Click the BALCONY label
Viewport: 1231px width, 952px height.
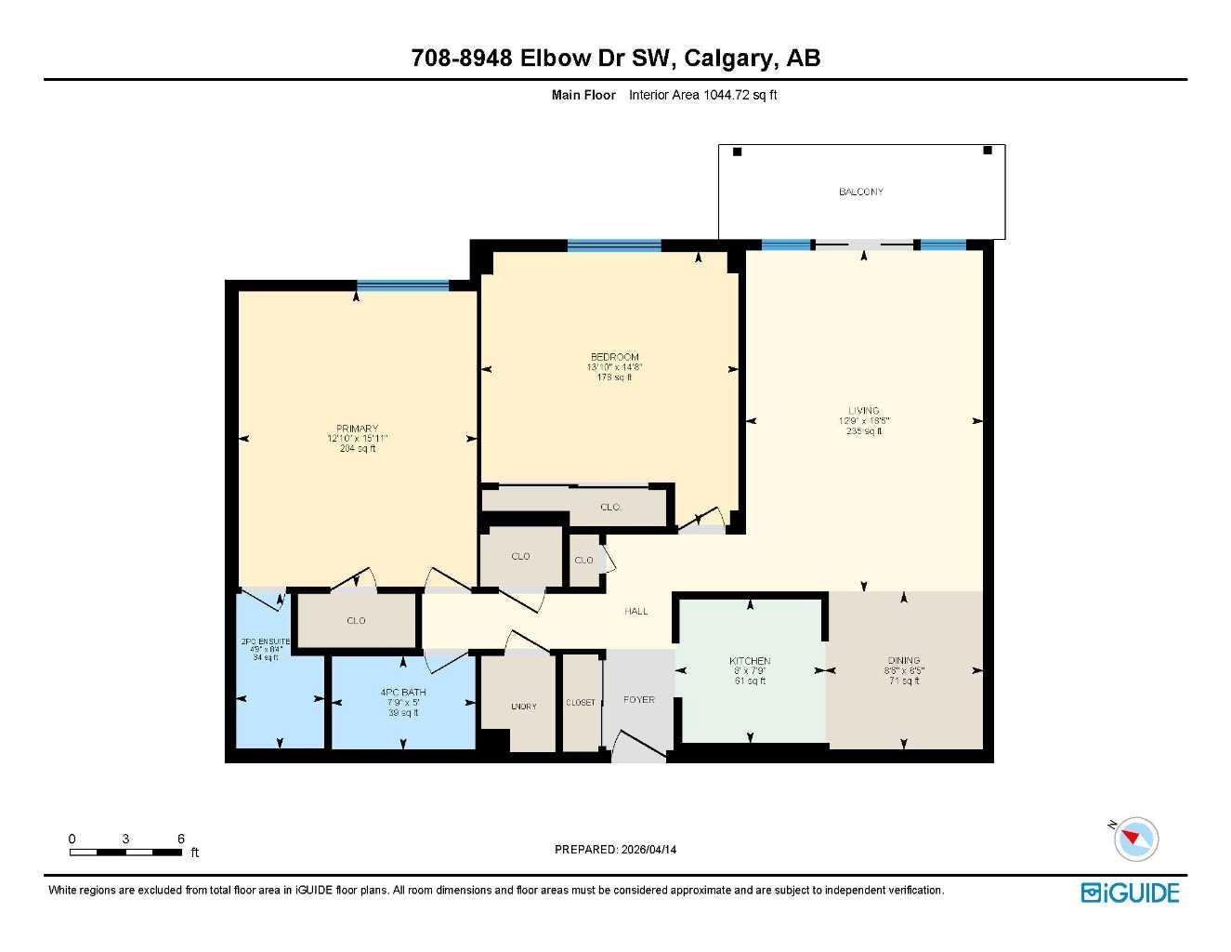pyautogui.click(x=861, y=192)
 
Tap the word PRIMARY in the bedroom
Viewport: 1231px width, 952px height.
pyautogui.click(x=357, y=429)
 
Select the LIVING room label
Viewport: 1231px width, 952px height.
pyautogui.click(x=863, y=410)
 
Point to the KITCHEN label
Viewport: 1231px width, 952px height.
pyautogui.click(x=750, y=661)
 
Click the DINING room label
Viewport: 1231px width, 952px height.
pyautogui.click(x=904, y=661)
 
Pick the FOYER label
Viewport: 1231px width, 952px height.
pyautogui.click(x=639, y=699)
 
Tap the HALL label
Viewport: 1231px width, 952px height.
pyautogui.click(x=636, y=611)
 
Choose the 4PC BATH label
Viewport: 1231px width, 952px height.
pyautogui.click(x=403, y=693)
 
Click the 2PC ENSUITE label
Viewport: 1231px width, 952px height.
pyautogui.click(x=266, y=641)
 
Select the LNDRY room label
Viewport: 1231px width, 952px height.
pyautogui.click(x=524, y=707)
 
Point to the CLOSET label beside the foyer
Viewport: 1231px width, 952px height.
pyautogui.click(x=581, y=702)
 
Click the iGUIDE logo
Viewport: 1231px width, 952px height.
pyautogui.click(x=1130, y=892)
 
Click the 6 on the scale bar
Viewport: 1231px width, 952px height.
pyautogui.click(x=181, y=839)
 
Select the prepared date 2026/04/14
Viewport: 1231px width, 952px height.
pyautogui.click(x=649, y=849)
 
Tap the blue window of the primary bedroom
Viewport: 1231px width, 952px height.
pyautogui.click(x=402, y=285)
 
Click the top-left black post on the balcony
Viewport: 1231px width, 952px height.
pyautogui.click(x=738, y=152)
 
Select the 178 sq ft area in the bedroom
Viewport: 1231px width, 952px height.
pyautogui.click(x=614, y=377)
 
